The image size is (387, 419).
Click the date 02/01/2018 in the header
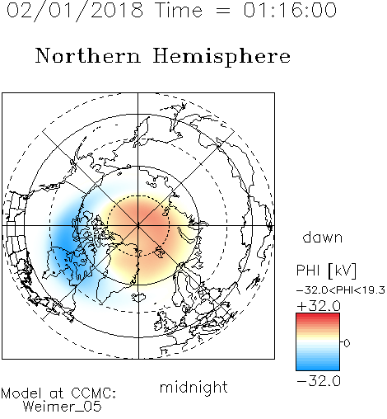(75, 11)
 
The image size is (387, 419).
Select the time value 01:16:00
(290, 10)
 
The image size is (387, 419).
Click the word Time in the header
(179, 10)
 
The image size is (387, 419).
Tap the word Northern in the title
(88, 55)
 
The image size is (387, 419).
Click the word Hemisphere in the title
(221, 57)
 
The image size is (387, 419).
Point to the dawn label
(323, 238)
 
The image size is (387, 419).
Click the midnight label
(193, 388)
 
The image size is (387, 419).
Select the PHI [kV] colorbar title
(326, 271)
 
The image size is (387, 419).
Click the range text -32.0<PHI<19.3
(341, 290)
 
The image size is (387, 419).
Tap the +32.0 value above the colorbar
(319, 306)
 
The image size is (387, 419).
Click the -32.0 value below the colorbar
(319, 381)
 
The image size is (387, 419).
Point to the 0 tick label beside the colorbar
(347, 343)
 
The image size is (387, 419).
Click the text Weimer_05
(63, 407)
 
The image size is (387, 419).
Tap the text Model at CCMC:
(58, 393)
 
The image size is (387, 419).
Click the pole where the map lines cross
(138, 226)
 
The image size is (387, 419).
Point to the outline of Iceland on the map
(138, 297)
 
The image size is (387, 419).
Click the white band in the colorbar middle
(318, 341)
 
